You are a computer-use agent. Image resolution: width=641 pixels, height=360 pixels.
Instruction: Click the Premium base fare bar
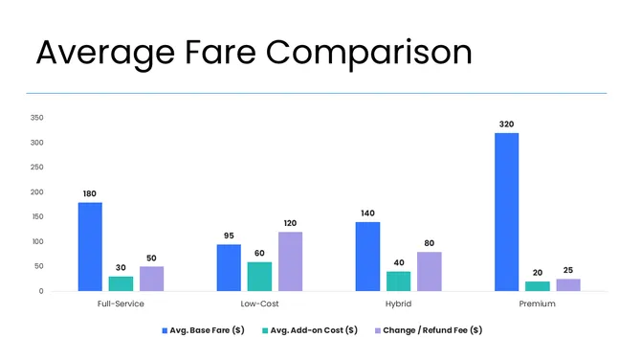pyautogui.click(x=507, y=212)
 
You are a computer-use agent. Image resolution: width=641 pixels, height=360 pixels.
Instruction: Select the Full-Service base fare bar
pyautogui.click(x=90, y=246)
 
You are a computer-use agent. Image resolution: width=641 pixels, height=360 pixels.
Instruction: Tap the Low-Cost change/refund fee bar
pyautogui.click(x=290, y=260)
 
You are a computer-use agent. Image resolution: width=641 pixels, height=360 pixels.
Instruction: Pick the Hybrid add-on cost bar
pyautogui.click(x=399, y=281)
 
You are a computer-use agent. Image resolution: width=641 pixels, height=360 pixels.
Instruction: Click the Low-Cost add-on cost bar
pyautogui.click(x=259, y=276)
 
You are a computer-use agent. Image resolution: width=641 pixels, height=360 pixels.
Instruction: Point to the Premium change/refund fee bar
pyautogui.click(x=568, y=284)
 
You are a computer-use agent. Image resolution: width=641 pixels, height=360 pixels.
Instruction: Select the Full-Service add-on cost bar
pyautogui.click(x=121, y=283)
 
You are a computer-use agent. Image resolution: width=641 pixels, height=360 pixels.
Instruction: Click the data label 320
pyautogui.click(x=507, y=124)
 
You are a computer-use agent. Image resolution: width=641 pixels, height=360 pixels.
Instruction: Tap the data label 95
pyautogui.click(x=229, y=236)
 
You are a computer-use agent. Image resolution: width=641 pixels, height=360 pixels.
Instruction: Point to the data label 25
pyautogui.click(x=568, y=270)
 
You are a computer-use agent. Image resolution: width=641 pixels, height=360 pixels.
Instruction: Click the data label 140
pyautogui.click(x=368, y=214)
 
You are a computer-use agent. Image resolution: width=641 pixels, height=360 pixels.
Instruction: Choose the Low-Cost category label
pyautogui.click(x=258, y=304)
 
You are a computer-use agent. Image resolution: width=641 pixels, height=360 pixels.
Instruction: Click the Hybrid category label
pyautogui.click(x=398, y=304)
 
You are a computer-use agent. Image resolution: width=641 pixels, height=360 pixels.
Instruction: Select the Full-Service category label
pyautogui.click(x=120, y=304)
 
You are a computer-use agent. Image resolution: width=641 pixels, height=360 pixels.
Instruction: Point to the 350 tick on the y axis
pyautogui.click(x=36, y=118)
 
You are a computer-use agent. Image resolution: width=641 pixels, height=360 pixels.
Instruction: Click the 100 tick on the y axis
pyautogui.click(x=36, y=241)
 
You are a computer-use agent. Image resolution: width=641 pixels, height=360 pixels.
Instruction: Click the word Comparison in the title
pyautogui.click(x=372, y=54)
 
